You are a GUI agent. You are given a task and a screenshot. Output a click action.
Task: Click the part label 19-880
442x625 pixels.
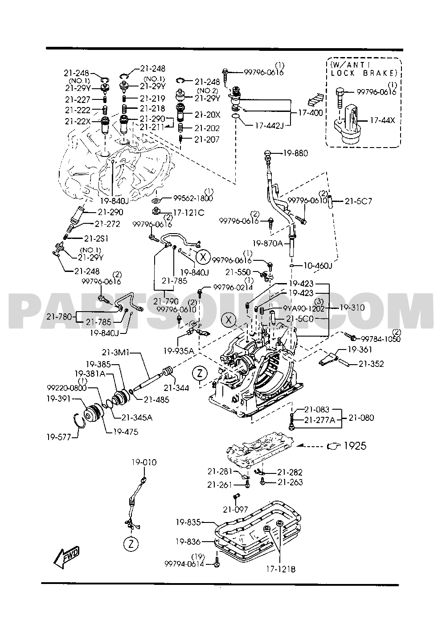pyautogui.click(x=295, y=153)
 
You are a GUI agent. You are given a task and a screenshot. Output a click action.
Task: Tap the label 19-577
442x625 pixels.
pyautogui.click(x=58, y=437)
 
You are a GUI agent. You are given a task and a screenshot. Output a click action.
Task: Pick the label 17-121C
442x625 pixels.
pyautogui.click(x=189, y=213)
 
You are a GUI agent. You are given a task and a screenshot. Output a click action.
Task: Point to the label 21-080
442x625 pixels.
pyautogui.click(x=361, y=418)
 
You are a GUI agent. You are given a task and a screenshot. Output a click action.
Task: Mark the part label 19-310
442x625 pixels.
pyautogui.click(x=352, y=308)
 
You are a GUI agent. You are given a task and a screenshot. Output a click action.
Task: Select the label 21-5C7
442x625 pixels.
pyautogui.click(x=359, y=201)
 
